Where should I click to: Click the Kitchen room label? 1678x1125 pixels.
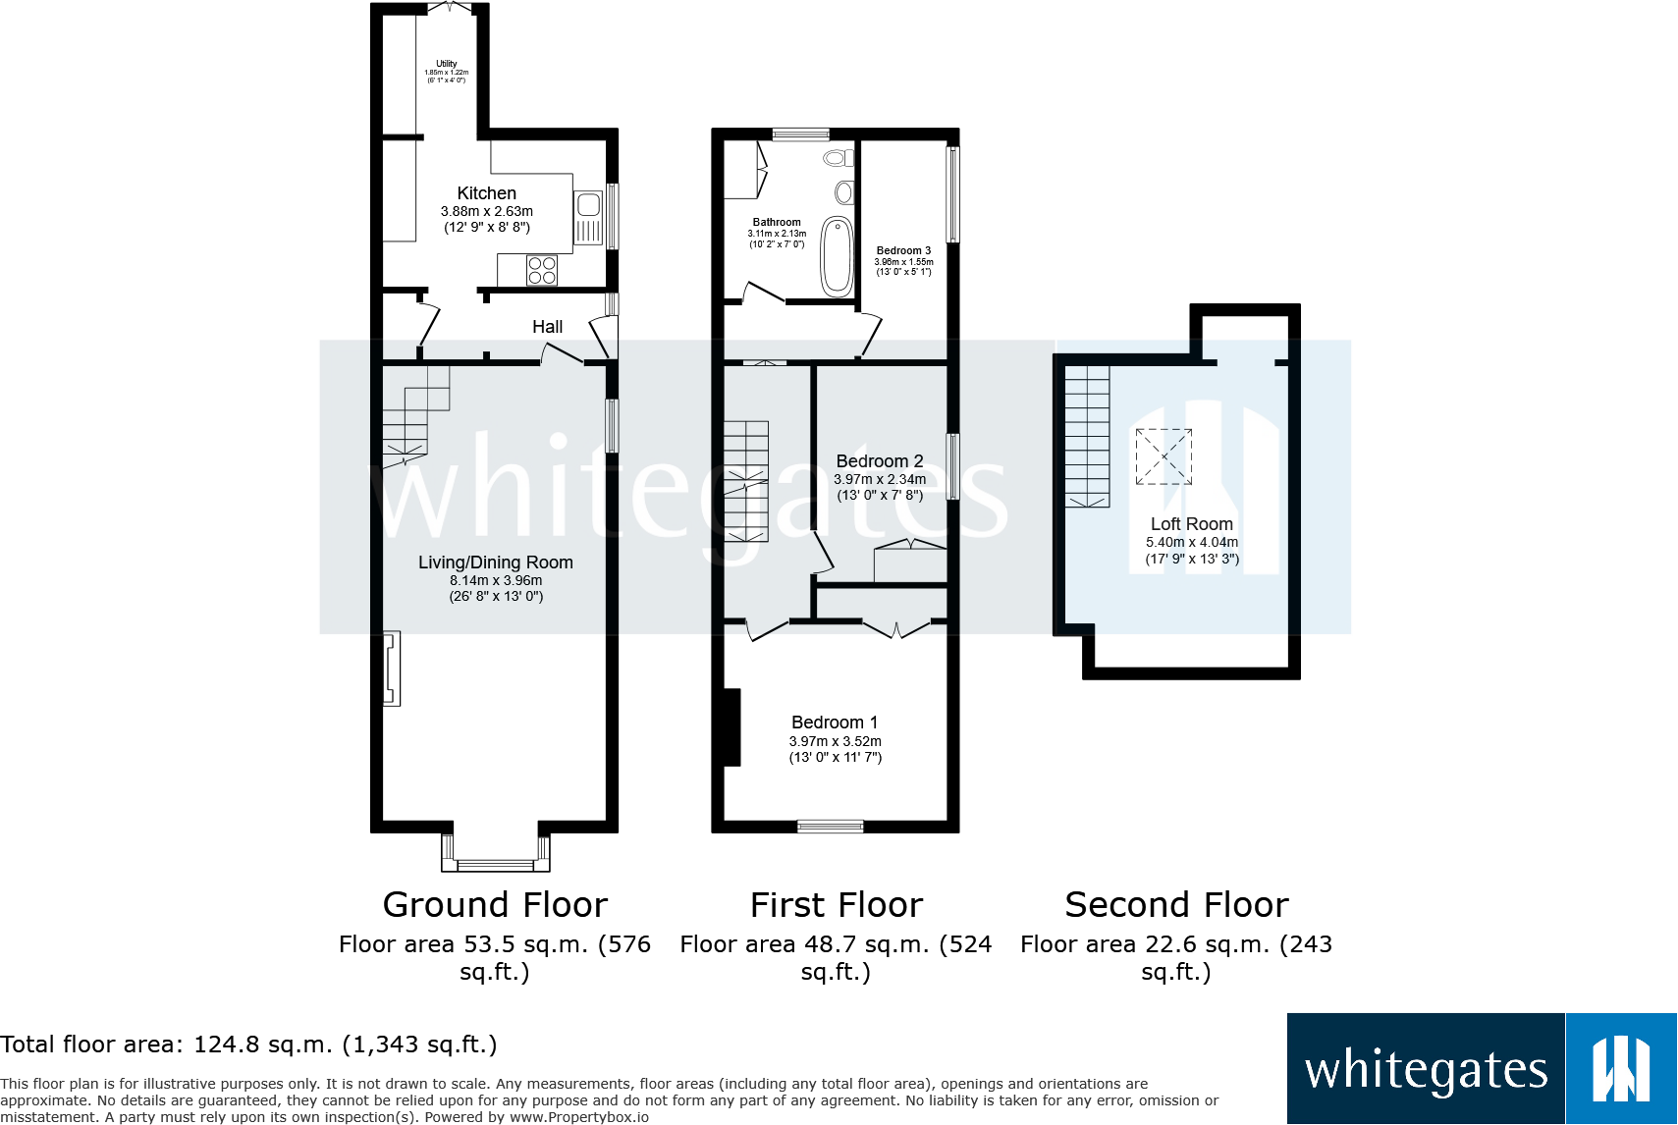(486, 193)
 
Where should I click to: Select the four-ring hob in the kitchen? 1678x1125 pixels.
(542, 270)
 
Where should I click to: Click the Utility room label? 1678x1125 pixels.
(447, 64)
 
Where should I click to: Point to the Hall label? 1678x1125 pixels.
(547, 327)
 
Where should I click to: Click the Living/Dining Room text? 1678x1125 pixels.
(495, 562)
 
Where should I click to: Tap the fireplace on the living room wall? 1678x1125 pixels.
(392, 669)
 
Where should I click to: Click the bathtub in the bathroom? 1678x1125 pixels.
(837, 256)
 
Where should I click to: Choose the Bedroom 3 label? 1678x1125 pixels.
(903, 251)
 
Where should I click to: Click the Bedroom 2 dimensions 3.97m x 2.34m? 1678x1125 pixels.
(880, 479)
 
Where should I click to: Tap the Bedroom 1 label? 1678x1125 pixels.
(835, 723)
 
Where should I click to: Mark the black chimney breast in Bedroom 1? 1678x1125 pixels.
(731, 727)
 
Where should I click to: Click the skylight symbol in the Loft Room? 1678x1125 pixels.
(1164, 456)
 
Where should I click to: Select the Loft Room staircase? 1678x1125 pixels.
(1087, 437)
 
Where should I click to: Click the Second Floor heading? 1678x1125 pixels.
(1176, 904)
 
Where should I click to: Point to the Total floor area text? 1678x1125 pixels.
(248, 1045)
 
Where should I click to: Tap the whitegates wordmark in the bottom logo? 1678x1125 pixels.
(1426, 1070)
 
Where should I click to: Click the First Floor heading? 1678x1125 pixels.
(836, 904)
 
